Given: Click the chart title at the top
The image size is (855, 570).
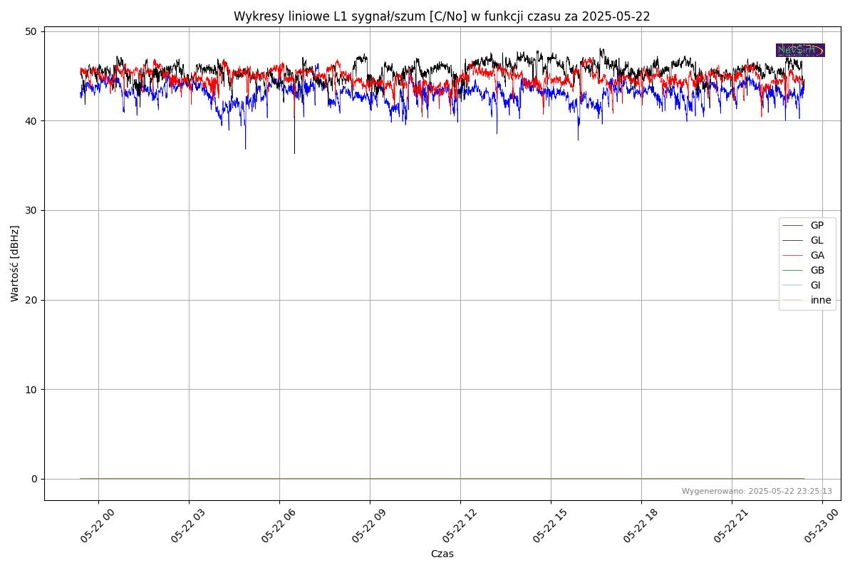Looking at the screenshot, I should (442, 16).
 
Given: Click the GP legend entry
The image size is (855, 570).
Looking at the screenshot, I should (817, 225).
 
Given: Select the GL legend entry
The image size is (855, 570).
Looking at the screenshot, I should (817, 240).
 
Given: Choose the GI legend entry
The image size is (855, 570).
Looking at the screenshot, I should (815, 285).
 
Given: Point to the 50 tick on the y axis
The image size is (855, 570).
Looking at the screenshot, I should (31, 31).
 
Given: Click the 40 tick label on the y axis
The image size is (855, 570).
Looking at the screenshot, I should (31, 121).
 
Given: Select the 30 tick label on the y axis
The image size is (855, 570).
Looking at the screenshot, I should (31, 210).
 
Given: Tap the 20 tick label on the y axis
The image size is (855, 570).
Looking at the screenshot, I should (31, 300).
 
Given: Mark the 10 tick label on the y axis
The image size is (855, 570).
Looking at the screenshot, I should (31, 389).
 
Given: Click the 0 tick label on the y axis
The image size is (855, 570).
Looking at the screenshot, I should (34, 479).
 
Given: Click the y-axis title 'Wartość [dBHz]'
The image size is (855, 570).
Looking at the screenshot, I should (15, 264).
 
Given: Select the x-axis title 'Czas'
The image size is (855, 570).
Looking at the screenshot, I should (442, 554).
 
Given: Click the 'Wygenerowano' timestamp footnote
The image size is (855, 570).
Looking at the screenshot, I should (756, 491).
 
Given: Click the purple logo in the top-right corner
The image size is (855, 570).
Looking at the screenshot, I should (800, 50).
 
